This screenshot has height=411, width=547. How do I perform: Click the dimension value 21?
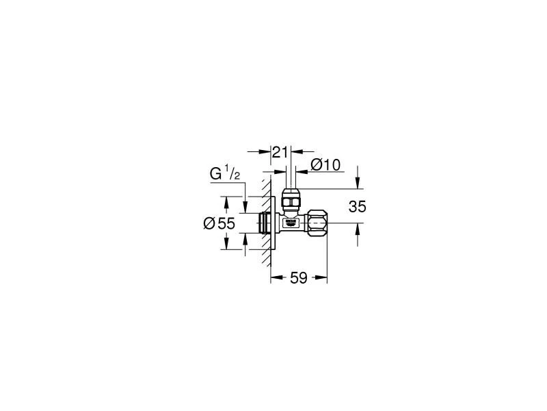coord(280,152)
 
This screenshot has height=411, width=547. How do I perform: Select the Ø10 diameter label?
coord(325,164)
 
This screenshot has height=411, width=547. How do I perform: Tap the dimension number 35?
coord(358,207)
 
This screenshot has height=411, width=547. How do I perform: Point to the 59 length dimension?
coord(298,277)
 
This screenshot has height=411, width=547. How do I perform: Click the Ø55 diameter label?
coord(219,223)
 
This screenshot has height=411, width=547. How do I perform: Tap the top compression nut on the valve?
coord(291,199)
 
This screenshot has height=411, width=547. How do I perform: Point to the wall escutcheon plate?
coord(273,223)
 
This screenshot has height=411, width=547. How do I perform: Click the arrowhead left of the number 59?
coord(275,277)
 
